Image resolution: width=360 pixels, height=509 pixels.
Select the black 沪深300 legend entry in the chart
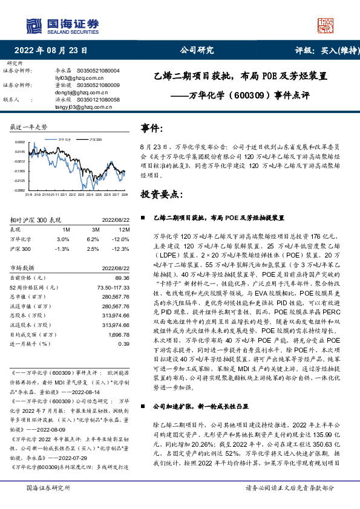(x=94, y=140)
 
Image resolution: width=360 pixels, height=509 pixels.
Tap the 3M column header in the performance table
(x=96, y=230)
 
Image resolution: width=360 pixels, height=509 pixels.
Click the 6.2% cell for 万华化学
(x=94, y=239)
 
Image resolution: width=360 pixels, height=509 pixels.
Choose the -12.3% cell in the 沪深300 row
(x=122, y=248)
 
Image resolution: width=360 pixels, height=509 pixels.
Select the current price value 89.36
(x=123, y=277)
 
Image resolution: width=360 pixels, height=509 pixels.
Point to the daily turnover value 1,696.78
(x=119, y=333)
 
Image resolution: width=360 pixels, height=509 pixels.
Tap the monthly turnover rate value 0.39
(x=124, y=343)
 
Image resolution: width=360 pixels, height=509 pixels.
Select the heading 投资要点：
(x=161, y=194)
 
